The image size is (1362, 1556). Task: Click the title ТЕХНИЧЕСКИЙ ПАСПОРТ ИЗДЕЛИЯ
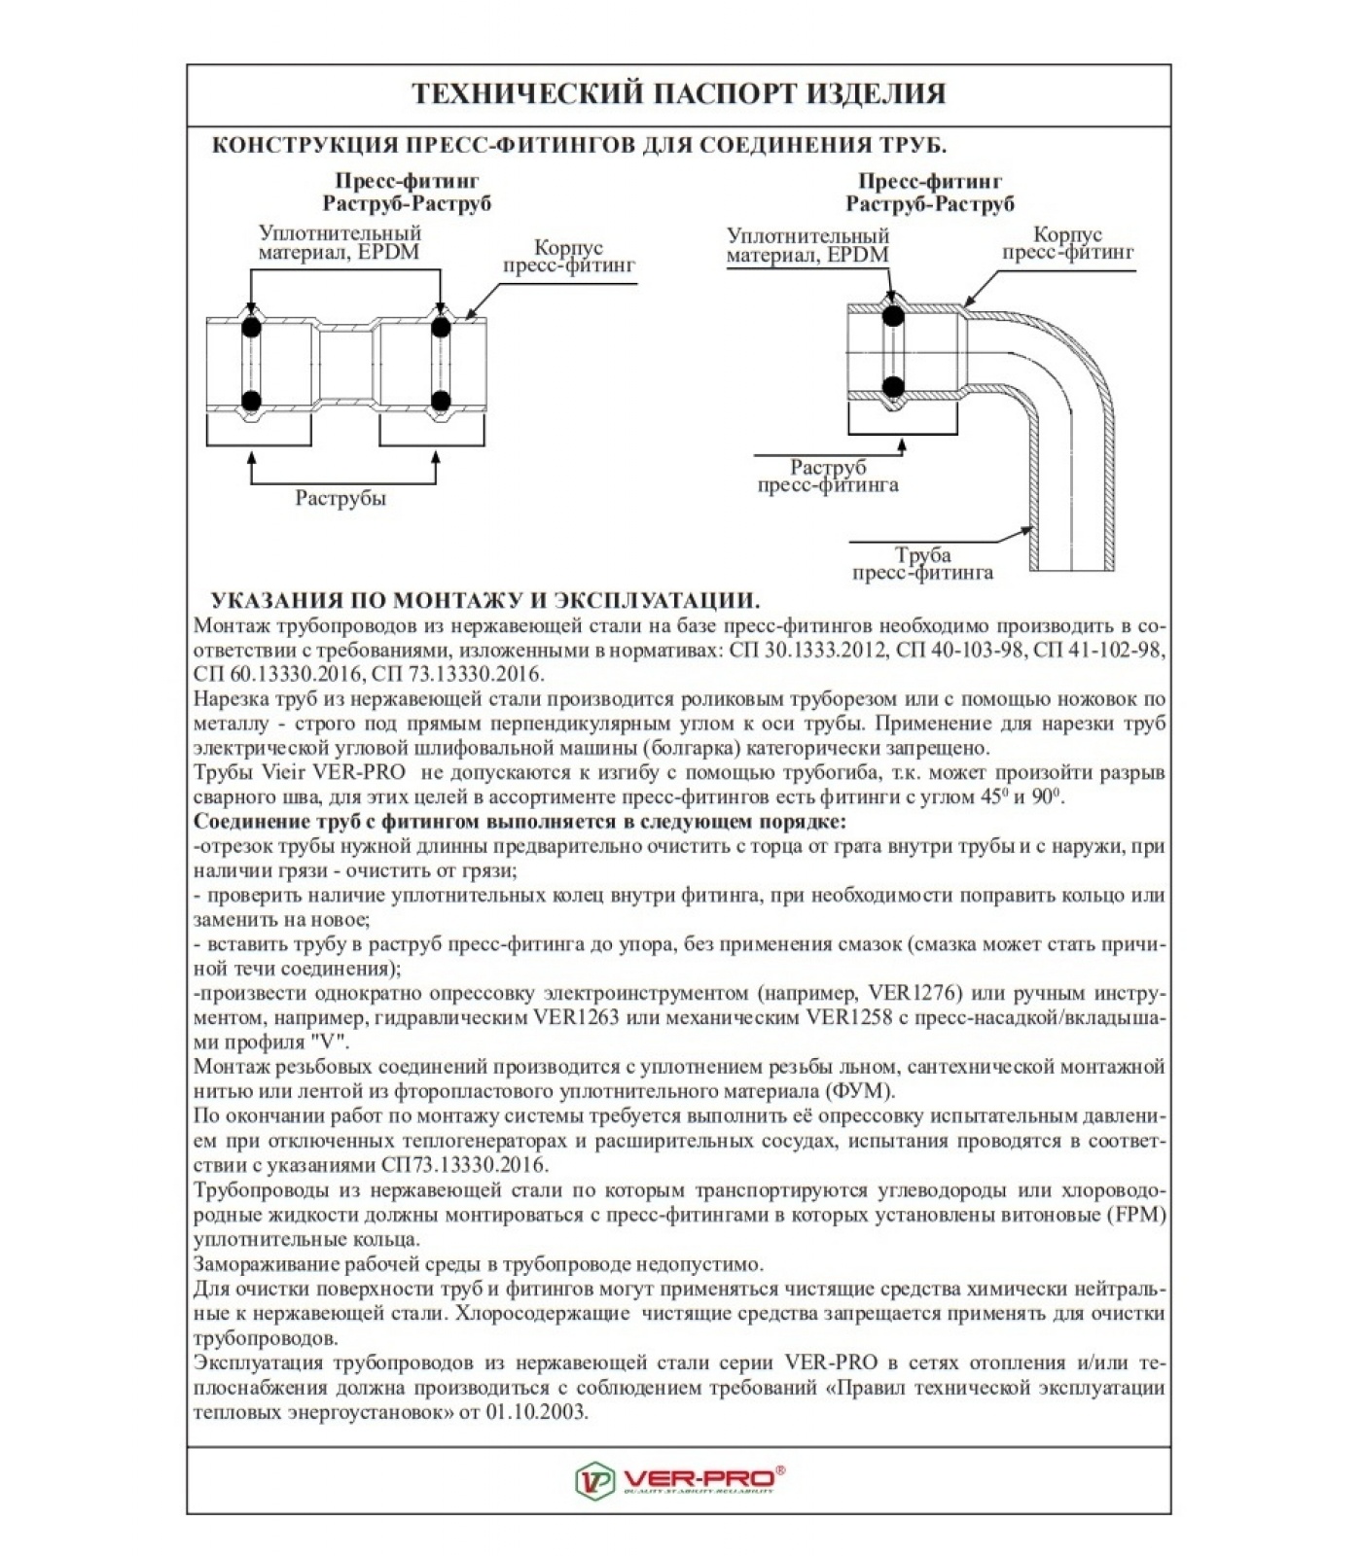coord(678,94)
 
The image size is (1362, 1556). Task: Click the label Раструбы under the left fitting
coord(340,499)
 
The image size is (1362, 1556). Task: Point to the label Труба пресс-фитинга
coord(922,564)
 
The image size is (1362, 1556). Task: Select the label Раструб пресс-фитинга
coord(828,477)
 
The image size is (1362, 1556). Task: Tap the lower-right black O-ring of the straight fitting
coord(441,400)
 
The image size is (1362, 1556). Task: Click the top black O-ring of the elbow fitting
coord(892,314)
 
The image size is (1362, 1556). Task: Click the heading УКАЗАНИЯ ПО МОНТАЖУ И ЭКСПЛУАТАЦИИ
coord(485,600)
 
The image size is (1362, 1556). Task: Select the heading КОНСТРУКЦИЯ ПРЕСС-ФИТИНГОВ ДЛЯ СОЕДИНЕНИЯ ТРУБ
coord(579,146)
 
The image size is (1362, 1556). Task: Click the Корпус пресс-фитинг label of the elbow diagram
coord(1067,243)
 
